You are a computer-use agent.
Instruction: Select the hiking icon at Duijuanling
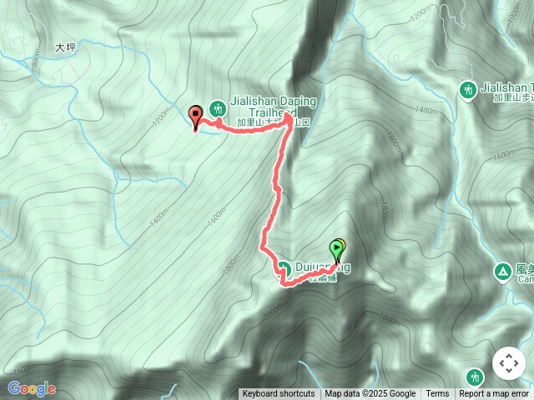pos(284,268)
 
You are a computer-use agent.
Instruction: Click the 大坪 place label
pos(65,48)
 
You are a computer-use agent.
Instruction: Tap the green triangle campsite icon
pos(503,271)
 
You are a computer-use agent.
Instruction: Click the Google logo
pos(31,388)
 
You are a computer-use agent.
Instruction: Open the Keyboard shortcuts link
pos(279,394)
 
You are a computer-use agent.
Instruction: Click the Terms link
pos(437,394)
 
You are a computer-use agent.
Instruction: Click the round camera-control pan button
pos(509,363)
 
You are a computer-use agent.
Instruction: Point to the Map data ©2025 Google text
pos(370,394)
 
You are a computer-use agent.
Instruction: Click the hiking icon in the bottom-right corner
pos(475,377)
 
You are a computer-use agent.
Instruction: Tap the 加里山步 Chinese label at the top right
pos(509,97)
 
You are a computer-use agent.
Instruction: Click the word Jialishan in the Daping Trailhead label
pos(255,101)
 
